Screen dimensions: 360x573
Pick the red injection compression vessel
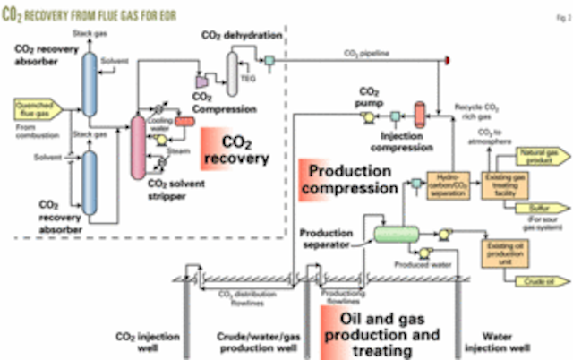point(419,114)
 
